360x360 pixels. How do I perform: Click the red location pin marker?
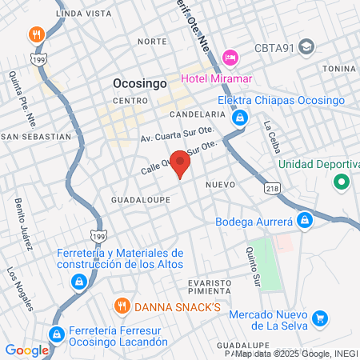181,165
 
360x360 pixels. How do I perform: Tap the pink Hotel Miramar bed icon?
230,58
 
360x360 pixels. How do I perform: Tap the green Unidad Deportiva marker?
342,182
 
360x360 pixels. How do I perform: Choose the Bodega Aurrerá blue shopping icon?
304,220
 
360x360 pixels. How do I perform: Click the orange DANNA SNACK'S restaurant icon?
122,304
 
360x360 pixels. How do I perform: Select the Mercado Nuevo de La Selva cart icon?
320,318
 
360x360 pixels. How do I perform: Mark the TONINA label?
340,69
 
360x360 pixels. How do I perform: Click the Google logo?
26,350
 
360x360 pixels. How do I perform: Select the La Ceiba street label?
274,132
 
